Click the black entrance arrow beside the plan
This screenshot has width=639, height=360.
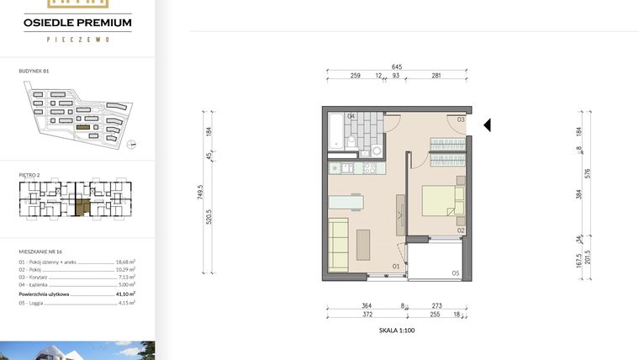(x=487, y=125)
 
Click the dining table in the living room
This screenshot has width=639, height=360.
(x=348, y=202)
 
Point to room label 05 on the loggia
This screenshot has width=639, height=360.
(x=455, y=273)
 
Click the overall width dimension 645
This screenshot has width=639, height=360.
(x=395, y=66)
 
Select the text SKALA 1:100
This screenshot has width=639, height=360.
(x=397, y=331)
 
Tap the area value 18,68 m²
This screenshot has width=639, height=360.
(x=125, y=262)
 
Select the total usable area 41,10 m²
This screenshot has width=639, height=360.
(x=125, y=294)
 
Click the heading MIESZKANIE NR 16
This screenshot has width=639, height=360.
(x=41, y=251)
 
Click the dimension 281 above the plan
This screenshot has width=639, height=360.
(x=436, y=76)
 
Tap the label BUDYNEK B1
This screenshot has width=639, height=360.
(x=34, y=72)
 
